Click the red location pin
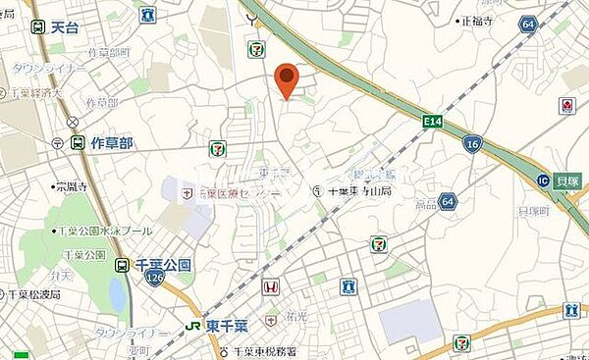point(286,77)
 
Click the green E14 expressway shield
point(432,122)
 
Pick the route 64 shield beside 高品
point(448,201)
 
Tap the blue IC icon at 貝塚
point(542,180)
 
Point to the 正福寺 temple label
point(478,20)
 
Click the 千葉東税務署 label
point(267,351)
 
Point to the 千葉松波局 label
point(34,293)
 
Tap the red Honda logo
point(271,288)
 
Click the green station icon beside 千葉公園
point(123,265)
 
